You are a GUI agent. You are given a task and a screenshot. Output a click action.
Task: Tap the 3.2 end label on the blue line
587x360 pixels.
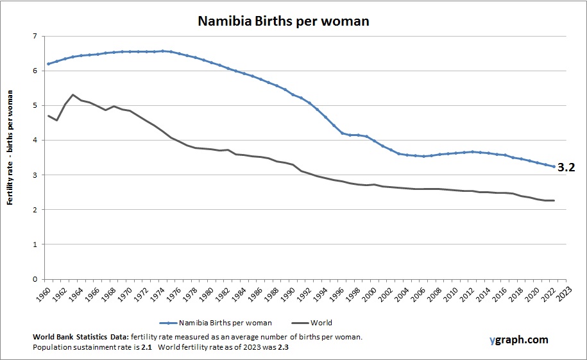pyautogui.click(x=566, y=167)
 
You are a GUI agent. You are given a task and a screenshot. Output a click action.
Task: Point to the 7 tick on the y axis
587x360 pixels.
pyautogui.click(x=35, y=37)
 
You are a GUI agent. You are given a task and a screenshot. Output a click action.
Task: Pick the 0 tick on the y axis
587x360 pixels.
pyautogui.click(x=35, y=279)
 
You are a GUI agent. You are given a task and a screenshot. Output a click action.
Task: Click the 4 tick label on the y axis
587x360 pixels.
pyautogui.click(x=35, y=141)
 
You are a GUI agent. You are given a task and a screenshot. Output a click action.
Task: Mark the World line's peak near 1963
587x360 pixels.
pyautogui.click(x=73, y=95)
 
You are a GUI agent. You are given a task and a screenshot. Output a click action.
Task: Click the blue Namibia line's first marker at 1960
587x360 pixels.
pyautogui.click(x=48, y=64)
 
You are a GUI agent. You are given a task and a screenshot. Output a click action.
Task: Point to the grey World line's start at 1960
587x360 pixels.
pyautogui.click(x=48, y=116)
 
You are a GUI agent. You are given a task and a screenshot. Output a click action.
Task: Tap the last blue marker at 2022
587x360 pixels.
pyautogui.click(x=554, y=167)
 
